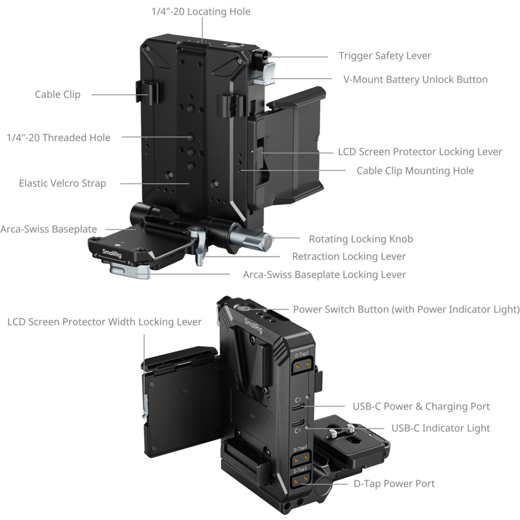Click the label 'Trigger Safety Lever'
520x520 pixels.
point(385,56)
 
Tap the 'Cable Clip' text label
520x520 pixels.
point(58,94)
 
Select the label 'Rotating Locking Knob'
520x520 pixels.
point(361,239)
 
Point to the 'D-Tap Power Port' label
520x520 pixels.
point(394,484)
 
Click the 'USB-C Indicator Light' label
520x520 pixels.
point(441,428)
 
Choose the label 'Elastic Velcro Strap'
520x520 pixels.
point(62,183)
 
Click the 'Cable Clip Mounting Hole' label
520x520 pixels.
point(415,171)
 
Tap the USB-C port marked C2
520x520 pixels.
point(298,407)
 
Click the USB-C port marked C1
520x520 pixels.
point(298,423)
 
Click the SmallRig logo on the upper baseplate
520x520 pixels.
point(112,254)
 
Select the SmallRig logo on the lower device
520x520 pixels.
point(253,326)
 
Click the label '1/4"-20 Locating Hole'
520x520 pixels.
point(201,12)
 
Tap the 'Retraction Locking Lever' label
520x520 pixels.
point(349,257)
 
